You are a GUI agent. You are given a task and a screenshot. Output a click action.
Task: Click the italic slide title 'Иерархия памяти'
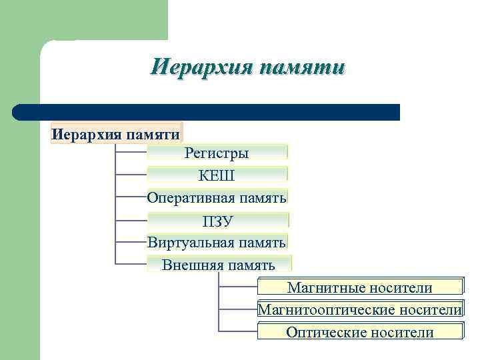pos(247,67)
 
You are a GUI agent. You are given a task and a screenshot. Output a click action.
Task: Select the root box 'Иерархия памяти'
pos(116,133)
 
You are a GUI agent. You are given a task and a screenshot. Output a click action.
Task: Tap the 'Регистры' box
pos(217,153)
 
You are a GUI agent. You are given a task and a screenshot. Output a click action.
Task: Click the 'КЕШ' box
pos(217,175)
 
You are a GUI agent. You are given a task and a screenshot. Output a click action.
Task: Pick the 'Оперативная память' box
pos(217,197)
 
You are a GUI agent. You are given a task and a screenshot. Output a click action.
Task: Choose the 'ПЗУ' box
pos(217,220)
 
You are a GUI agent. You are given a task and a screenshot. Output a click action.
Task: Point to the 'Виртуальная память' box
pos(217,242)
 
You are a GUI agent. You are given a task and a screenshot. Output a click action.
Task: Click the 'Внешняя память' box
pos(219,265)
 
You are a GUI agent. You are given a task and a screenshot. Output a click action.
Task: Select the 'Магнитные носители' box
pos(359,287)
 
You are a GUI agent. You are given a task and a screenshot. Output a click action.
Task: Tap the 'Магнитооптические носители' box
pos(359,309)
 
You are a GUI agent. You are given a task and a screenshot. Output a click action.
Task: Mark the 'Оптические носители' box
pos(359,331)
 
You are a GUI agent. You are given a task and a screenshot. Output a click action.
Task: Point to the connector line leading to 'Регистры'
pos(131,153)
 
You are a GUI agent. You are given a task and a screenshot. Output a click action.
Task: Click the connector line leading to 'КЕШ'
pos(131,175)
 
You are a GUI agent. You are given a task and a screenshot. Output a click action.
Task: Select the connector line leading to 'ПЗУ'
pos(131,220)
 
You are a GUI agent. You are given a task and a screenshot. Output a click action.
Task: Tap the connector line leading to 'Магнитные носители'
pos(237,287)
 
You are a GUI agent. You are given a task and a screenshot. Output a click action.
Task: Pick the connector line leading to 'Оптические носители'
pos(237,331)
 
